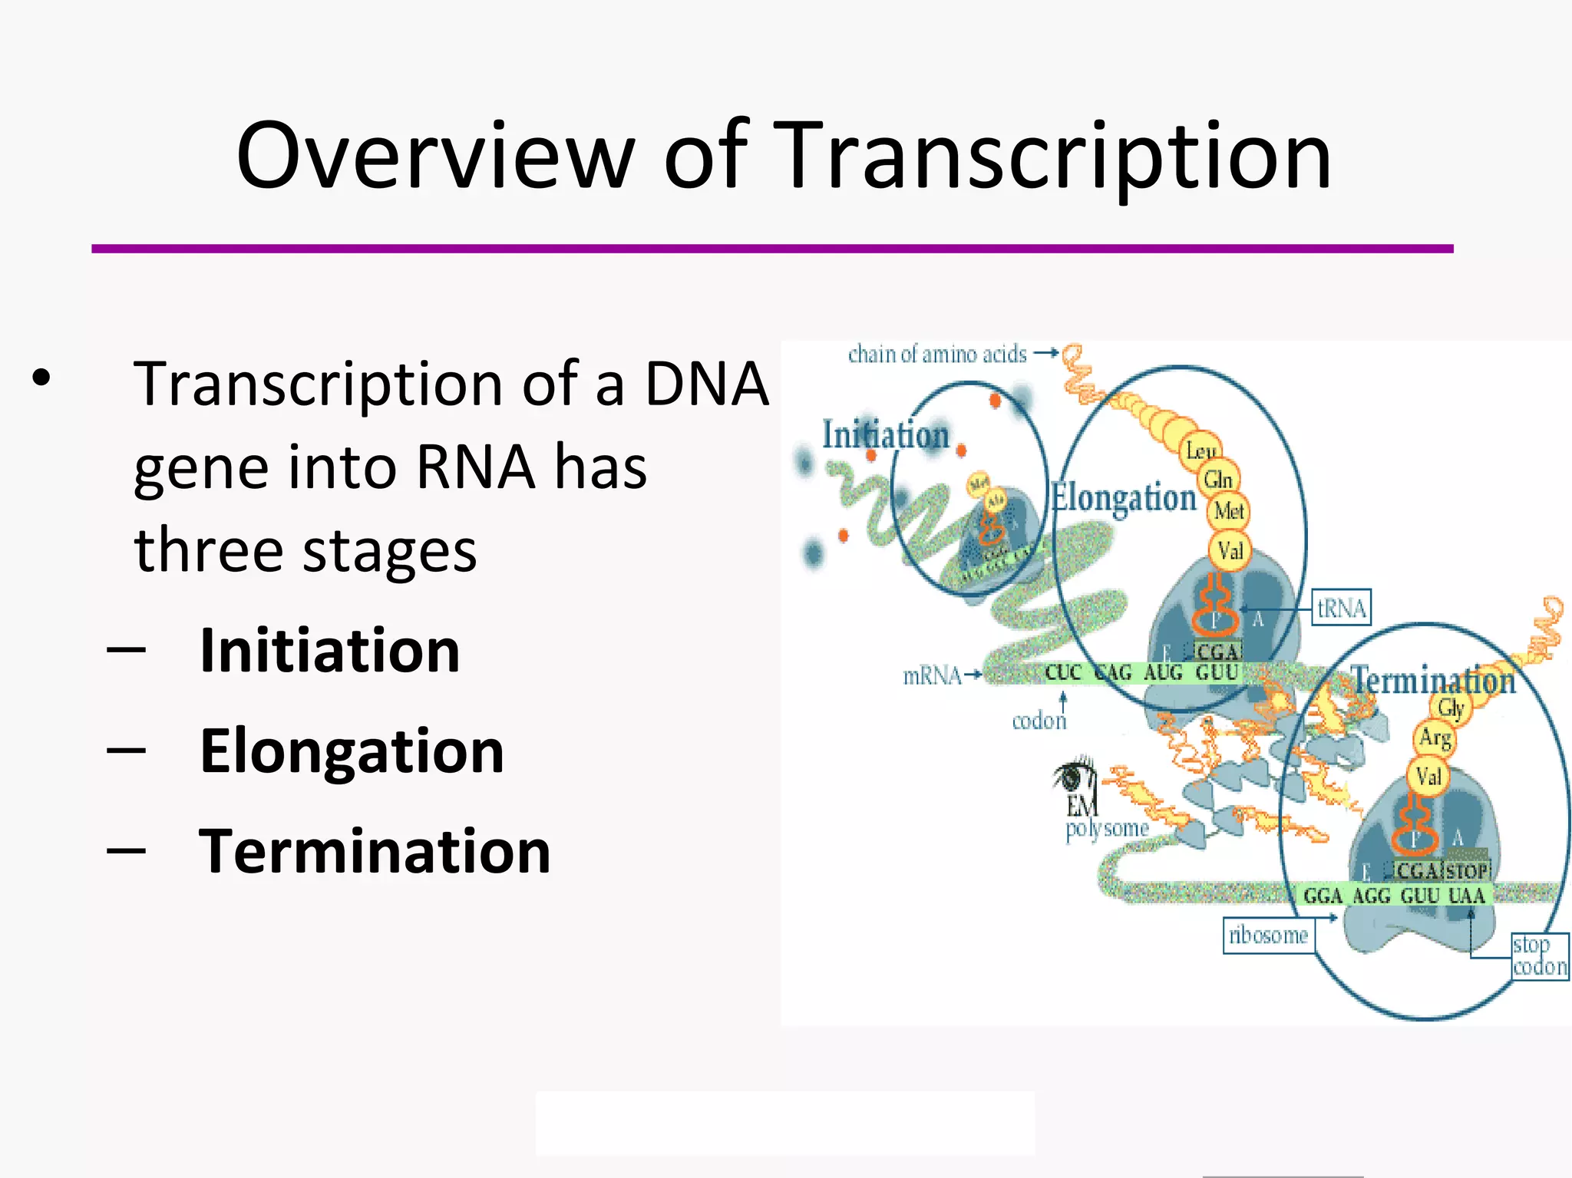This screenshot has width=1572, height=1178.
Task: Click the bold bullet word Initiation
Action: pos(329,650)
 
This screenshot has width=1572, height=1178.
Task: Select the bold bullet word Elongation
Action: pos(352,751)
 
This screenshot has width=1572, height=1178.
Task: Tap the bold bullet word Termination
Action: pos(375,851)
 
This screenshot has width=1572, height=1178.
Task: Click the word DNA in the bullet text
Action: pos(706,383)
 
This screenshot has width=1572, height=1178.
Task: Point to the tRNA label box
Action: pos(1341,609)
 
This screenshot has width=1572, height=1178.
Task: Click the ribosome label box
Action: pos(1268,935)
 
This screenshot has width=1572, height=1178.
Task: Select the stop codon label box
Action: pos(1539,955)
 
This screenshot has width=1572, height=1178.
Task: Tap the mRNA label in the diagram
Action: pos(933,675)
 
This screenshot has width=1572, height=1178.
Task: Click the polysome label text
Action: pos(1107,829)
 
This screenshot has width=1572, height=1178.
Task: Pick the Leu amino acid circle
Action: pos(1199,450)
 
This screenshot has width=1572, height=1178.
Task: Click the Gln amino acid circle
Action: pos(1218,480)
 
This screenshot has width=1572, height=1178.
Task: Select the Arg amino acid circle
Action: pos(1434,737)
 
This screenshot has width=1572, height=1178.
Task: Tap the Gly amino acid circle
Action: pos(1451,708)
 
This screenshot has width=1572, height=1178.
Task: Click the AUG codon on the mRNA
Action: pos(1164,673)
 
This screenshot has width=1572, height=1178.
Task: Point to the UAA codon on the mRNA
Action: pos(1466,896)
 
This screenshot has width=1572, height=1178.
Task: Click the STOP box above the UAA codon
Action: pos(1467,871)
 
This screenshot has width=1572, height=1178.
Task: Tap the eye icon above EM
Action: pos(1075,775)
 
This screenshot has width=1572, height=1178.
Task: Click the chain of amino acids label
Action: pos(937,355)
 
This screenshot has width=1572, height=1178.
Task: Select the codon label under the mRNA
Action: pos(1039,721)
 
